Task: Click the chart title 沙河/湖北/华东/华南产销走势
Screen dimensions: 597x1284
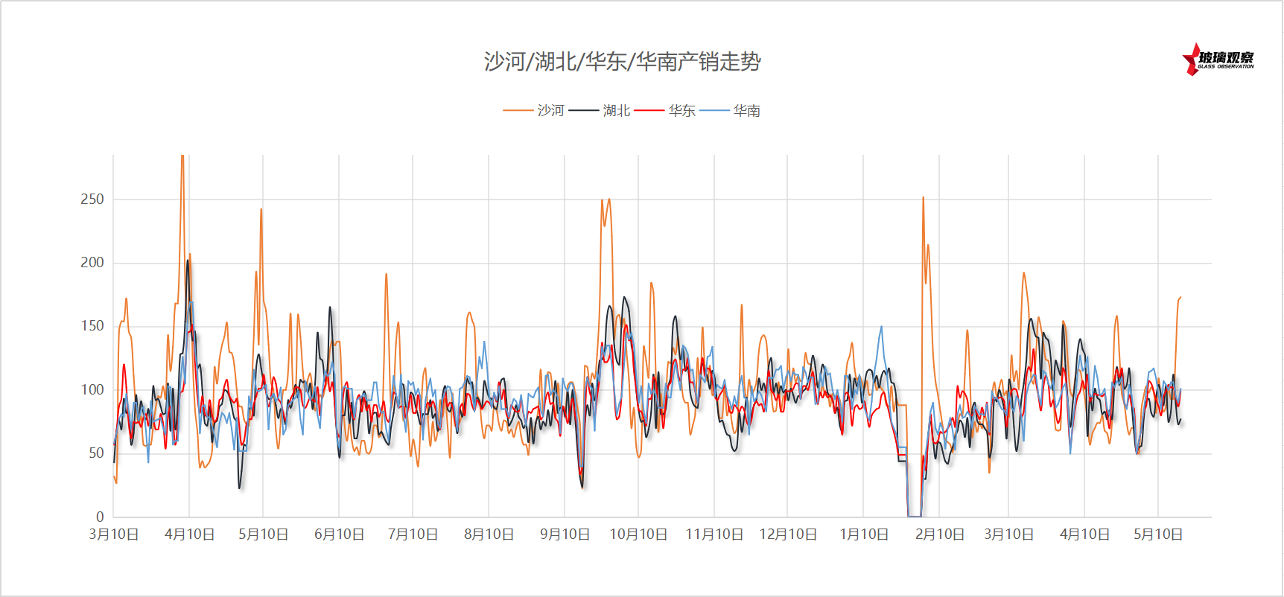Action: point(622,61)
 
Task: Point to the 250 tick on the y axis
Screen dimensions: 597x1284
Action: point(92,199)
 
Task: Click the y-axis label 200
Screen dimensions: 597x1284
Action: point(92,262)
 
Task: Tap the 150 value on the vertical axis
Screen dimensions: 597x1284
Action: point(92,325)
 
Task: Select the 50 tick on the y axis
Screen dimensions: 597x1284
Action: point(96,453)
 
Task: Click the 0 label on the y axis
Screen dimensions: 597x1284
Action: point(100,517)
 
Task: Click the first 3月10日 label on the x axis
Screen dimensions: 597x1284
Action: point(114,534)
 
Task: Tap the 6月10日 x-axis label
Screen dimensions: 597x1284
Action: point(339,534)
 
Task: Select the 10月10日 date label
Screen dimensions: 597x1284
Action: point(638,534)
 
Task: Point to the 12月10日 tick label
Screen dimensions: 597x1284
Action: point(788,534)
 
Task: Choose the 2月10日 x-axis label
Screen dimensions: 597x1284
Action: point(939,534)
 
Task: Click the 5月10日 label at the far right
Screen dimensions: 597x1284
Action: point(1158,534)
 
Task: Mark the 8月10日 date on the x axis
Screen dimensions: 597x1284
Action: point(489,534)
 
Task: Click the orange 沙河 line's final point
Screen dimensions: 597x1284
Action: point(1180,298)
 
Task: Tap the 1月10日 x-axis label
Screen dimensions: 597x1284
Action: point(864,534)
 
